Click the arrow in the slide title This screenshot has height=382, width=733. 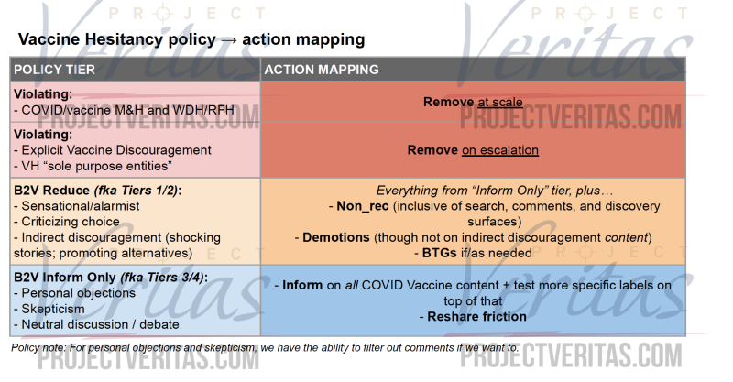228,40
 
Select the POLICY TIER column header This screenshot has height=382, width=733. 54,70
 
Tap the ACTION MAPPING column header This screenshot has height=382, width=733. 322,70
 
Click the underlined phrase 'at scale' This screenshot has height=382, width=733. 499,102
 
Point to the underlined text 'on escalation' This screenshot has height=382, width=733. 500,150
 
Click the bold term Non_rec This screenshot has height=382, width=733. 363,206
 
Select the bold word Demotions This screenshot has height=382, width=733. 336,237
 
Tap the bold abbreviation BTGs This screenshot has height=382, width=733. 440,253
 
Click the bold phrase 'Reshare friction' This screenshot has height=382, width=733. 476,317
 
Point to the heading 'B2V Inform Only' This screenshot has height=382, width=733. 65,278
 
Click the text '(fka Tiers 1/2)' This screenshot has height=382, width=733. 136,191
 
